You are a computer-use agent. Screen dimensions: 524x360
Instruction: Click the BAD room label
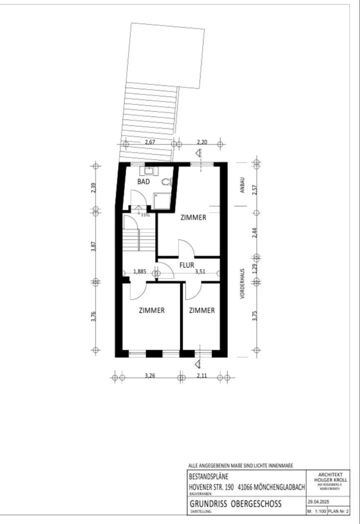pos(143,182)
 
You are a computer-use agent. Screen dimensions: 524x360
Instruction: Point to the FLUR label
pos(186,265)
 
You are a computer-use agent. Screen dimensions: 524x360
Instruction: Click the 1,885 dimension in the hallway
pos(140,271)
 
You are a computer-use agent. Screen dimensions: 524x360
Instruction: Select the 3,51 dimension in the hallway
pos(200,271)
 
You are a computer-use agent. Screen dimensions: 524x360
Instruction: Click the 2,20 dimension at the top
pos(202,142)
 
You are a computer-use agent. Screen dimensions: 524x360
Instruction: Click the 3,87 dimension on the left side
pos(94,247)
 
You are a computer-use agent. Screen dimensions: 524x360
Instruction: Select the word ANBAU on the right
pos(243,185)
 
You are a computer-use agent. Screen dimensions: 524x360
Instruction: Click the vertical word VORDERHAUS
pos(242,285)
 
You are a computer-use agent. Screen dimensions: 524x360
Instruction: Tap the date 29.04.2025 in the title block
pos(318,502)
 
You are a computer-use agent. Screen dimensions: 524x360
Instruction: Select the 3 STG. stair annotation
pos(145,215)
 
